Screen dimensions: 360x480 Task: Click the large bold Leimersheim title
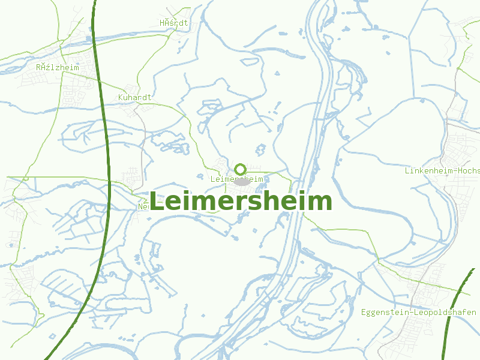pos(240,202)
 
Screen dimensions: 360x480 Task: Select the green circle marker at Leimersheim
pos(240,169)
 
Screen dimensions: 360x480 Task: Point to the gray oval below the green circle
pos(241,181)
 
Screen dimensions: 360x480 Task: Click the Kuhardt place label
pos(135,97)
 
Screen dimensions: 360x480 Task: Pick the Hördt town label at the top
pos(174,23)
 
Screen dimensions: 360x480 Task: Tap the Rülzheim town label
pos(57,68)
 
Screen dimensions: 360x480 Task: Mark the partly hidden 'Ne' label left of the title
pos(143,207)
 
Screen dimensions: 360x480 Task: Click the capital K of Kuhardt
pos(121,97)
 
